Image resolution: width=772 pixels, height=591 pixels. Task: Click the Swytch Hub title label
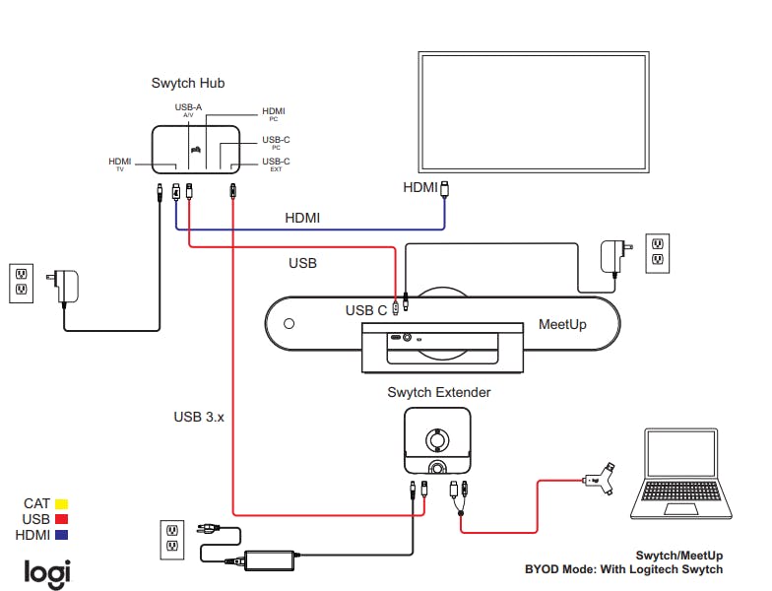click(x=187, y=83)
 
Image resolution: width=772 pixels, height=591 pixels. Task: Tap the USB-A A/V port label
click(x=188, y=110)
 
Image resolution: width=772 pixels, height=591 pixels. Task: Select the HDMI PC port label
click(x=274, y=114)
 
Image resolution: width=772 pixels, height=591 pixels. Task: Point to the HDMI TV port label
click(x=120, y=164)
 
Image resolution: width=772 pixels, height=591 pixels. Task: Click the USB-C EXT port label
click(x=276, y=164)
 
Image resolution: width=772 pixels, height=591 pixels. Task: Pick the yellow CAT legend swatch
click(x=61, y=504)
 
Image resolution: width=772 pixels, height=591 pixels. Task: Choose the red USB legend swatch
click(x=61, y=519)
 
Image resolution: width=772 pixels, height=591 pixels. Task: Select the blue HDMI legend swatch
click(x=61, y=535)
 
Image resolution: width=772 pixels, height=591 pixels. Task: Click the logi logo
click(x=47, y=573)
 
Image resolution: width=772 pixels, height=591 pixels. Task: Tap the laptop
click(x=681, y=473)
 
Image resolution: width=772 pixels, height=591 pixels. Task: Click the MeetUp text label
click(x=562, y=325)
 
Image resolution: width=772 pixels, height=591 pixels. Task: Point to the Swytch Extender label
click(x=439, y=392)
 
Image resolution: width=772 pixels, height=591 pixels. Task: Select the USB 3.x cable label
click(x=199, y=418)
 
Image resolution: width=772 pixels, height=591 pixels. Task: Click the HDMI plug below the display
click(x=445, y=189)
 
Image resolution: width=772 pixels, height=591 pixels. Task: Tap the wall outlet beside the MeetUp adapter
click(x=658, y=253)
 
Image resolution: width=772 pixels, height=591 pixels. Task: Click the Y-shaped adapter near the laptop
click(x=600, y=479)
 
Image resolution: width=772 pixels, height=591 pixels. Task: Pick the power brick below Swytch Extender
click(x=270, y=560)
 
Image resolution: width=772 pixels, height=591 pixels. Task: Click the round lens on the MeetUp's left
click(x=289, y=323)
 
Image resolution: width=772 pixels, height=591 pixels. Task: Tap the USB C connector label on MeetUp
click(x=366, y=311)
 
